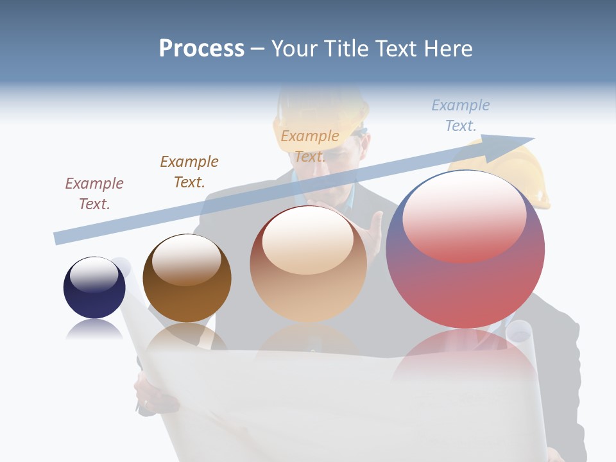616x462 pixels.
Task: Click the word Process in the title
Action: coord(201,49)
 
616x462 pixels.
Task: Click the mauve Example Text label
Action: coord(94,193)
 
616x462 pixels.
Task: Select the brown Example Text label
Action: coord(189,171)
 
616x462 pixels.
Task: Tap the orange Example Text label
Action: coord(310,146)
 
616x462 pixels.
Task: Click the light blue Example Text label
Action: coord(461,115)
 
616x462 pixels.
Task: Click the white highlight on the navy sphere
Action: coord(94,274)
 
